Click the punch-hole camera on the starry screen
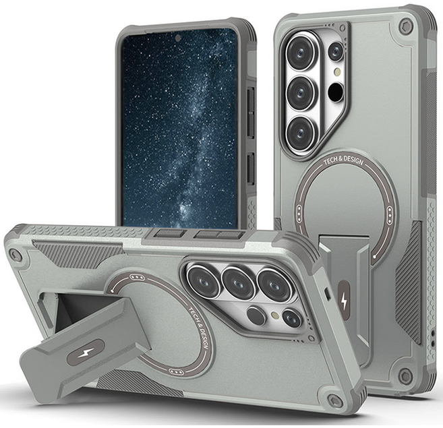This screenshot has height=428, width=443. pyautogui.click(x=178, y=38)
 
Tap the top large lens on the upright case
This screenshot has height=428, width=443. pyautogui.click(x=301, y=53)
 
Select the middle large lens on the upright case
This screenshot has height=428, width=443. pyautogui.click(x=301, y=92)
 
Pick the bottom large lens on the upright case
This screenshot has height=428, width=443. pyautogui.click(x=301, y=133)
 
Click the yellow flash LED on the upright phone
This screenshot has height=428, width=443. pyautogui.click(x=336, y=71)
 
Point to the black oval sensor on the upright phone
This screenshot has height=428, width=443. pyautogui.click(x=336, y=92)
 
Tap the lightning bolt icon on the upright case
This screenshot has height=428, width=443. pyautogui.click(x=344, y=303)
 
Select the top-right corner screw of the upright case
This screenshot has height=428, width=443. pyautogui.click(x=406, y=26)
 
